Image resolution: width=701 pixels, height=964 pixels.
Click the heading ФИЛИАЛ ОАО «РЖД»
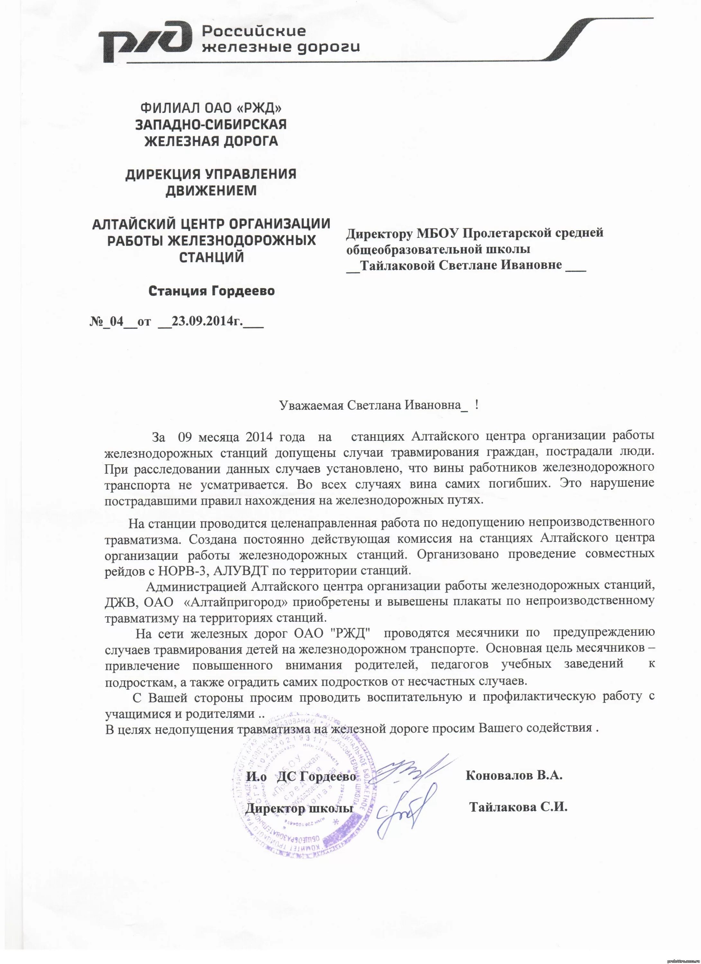211,108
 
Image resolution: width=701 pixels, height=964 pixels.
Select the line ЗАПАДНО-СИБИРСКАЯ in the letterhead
211,125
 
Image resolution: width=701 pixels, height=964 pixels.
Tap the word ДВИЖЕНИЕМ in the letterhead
211,191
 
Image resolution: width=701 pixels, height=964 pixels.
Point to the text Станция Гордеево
211,291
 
